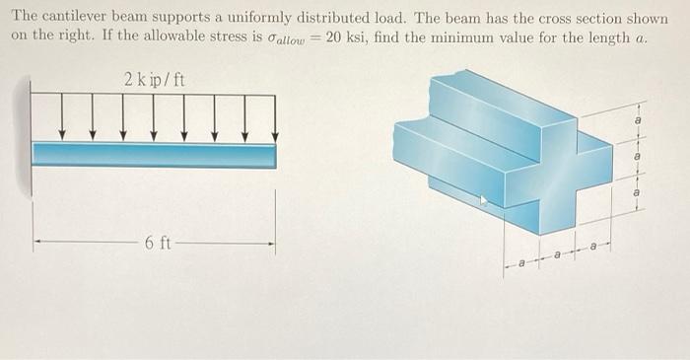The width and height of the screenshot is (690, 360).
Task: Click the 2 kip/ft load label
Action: point(155,79)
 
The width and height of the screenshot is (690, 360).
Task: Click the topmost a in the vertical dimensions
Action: point(638,118)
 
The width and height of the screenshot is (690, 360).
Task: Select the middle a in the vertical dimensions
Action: point(638,157)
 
